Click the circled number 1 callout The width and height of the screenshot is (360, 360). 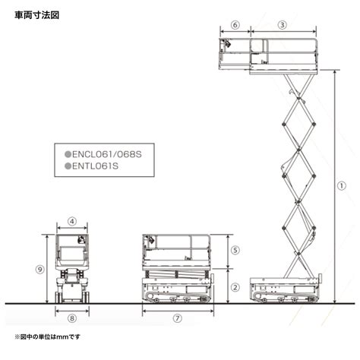click(x=342, y=186)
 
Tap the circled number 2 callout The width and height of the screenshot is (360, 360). click(x=235, y=287)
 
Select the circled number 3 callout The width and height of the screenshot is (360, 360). click(x=283, y=25)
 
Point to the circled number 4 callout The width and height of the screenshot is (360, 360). click(x=72, y=221)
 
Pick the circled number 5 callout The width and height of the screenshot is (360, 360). click(x=235, y=250)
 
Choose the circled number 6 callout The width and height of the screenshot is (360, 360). click(x=235, y=25)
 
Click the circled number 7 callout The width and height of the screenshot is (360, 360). click(x=178, y=318)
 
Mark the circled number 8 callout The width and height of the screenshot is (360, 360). click(x=72, y=318)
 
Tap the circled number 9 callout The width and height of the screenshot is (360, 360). click(x=39, y=270)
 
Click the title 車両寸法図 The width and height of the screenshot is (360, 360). click(x=37, y=15)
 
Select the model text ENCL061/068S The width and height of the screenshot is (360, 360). click(x=107, y=154)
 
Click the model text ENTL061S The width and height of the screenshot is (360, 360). click(x=95, y=166)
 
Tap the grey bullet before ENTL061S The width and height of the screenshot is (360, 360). click(x=68, y=166)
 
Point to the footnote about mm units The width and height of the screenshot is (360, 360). click(x=47, y=336)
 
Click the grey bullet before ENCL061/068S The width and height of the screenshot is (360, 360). click(x=68, y=154)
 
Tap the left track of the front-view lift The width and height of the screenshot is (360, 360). click(x=58, y=297)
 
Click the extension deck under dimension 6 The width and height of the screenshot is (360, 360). click(x=235, y=54)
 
